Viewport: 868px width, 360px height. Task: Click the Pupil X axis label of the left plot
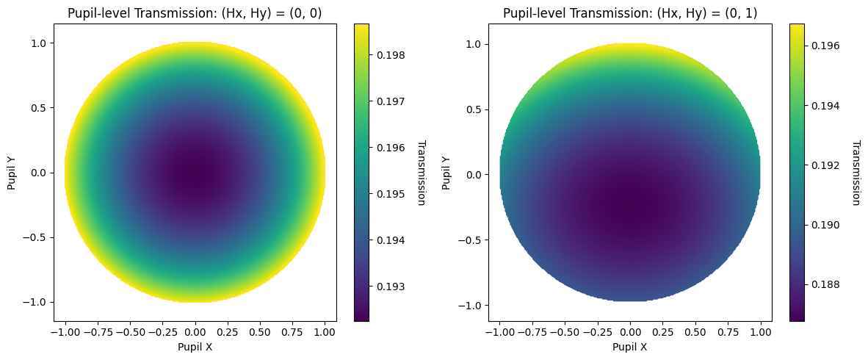coord(195,347)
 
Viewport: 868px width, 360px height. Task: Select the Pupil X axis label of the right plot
coord(630,347)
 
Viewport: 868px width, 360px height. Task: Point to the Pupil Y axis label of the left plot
coord(11,173)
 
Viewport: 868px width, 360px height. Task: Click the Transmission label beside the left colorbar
coord(421,173)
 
